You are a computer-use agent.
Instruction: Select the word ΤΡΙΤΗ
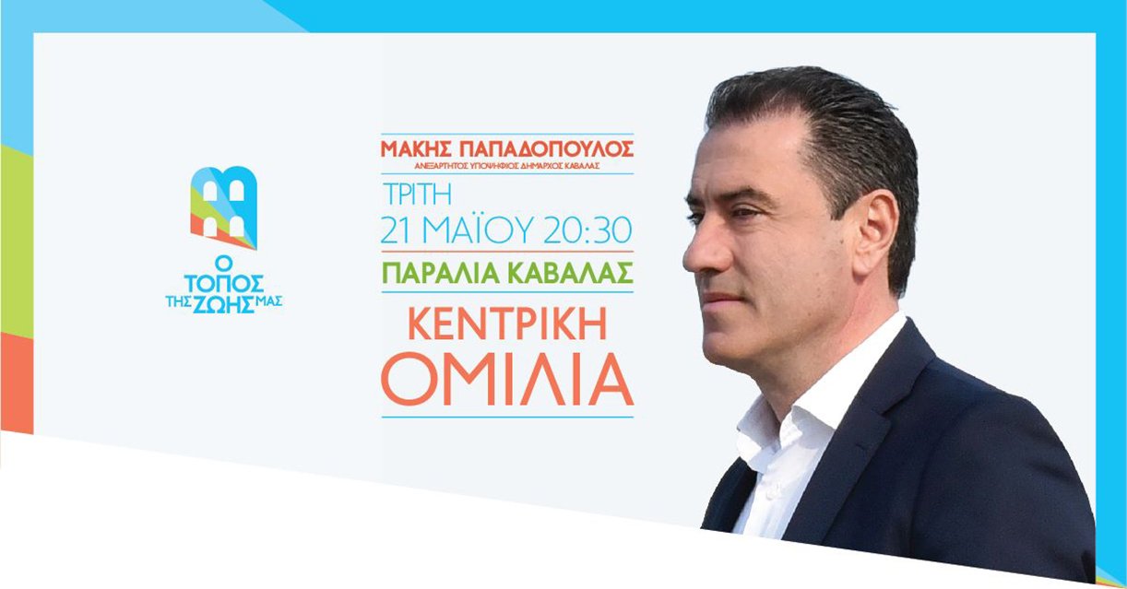(x=417, y=194)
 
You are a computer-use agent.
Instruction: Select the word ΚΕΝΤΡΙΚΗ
(x=507, y=326)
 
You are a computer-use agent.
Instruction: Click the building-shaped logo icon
(x=224, y=207)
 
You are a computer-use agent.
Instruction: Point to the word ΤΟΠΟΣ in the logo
(x=223, y=284)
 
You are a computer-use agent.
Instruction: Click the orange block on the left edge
(x=17, y=383)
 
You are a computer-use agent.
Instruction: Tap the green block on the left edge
(x=17, y=241)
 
